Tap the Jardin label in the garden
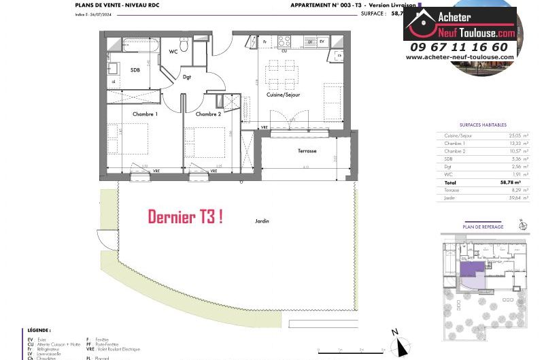point(261,221)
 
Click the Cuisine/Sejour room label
point(283,95)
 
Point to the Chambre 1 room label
point(145,114)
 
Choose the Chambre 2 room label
point(208,114)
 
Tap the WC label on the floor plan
point(173,51)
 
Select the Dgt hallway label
point(187,77)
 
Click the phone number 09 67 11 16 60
point(459,47)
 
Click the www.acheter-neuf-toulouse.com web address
point(460,57)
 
